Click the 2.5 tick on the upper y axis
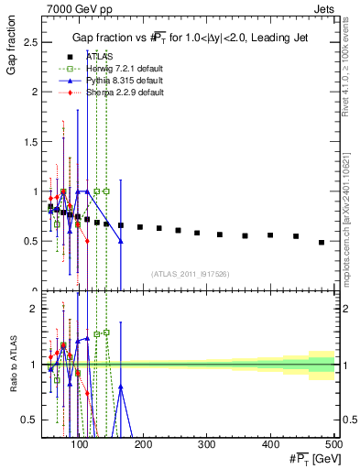[x=30, y=42]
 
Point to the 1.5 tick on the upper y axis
[x=30, y=142]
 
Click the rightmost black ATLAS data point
[x=322, y=243]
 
